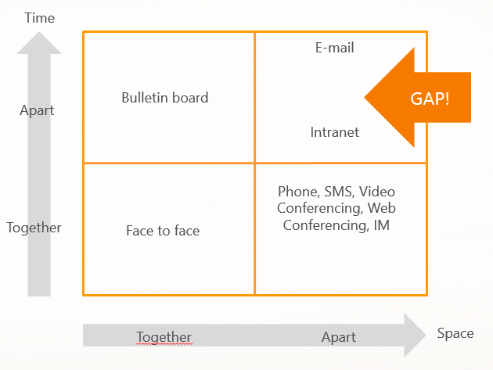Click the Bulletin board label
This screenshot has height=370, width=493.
(x=165, y=98)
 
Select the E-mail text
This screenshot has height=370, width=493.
(x=335, y=48)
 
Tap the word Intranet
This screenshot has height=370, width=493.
(x=335, y=132)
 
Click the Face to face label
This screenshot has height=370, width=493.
(x=163, y=231)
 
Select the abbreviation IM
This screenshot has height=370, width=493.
(x=382, y=226)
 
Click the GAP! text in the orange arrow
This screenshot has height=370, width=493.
(x=430, y=99)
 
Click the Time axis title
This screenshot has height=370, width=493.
(x=40, y=17)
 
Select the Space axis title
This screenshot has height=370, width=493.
(x=455, y=333)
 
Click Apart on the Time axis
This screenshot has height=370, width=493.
(x=37, y=110)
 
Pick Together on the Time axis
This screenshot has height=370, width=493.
(x=34, y=228)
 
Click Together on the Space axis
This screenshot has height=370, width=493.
(x=164, y=337)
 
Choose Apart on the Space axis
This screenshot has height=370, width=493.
(x=339, y=337)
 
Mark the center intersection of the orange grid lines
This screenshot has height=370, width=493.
(x=255, y=163)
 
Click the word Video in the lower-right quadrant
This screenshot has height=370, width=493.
(x=378, y=192)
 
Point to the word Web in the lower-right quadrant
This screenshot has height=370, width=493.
(x=381, y=209)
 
